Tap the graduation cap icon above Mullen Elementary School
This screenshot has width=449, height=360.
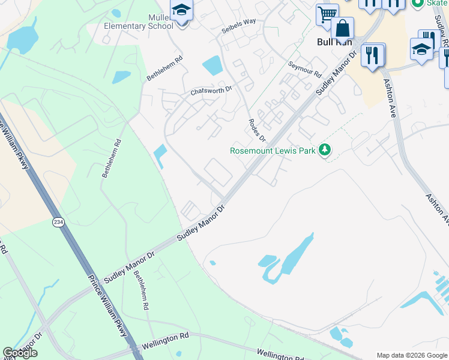click(x=181, y=10)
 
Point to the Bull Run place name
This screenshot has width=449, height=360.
click(x=333, y=43)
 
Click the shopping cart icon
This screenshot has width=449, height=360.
click(x=327, y=14)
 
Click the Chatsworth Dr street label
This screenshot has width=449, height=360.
click(x=211, y=91)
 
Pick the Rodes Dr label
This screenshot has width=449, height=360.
click(x=256, y=130)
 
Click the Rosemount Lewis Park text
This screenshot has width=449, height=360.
click(x=273, y=150)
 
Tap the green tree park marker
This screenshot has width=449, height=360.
click(x=325, y=149)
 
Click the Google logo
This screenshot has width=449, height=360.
click(x=20, y=353)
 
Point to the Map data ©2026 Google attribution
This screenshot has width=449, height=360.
click(x=412, y=355)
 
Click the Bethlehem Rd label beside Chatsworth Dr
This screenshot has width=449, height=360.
click(x=164, y=69)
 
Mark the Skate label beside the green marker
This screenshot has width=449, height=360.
click(x=437, y=3)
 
